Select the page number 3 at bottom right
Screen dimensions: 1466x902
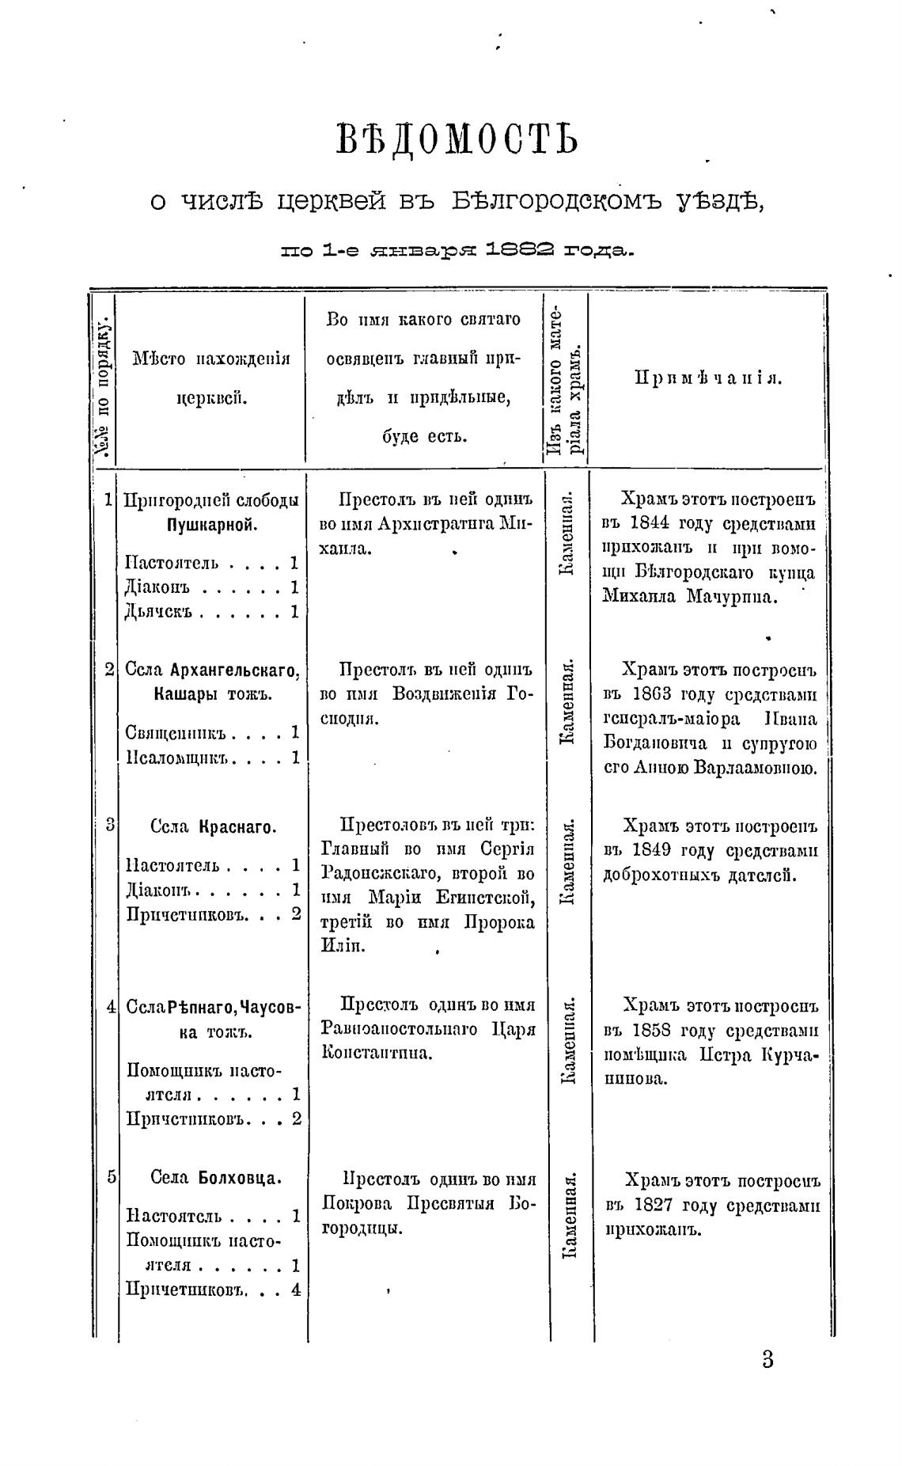point(767,1359)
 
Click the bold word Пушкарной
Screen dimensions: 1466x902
point(213,525)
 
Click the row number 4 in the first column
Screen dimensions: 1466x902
point(111,1007)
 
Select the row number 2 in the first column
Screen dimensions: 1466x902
point(109,670)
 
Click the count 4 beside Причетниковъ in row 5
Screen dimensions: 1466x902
point(295,1289)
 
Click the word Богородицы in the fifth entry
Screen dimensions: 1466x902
point(360,1229)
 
